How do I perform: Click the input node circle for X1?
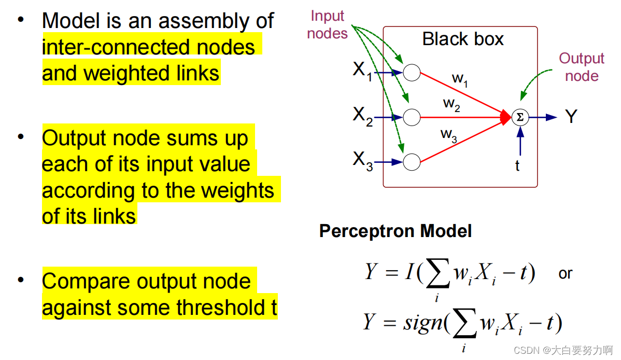pos(412,73)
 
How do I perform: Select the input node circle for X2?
pos(412,118)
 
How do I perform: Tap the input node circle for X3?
pos(412,162)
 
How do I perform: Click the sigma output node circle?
pos(520,118)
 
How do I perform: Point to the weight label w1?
pos(460,79)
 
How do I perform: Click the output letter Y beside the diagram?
pos(571,117)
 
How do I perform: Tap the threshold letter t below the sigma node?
pos(517,166)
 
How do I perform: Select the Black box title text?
pos(463,39)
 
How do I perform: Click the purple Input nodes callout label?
pos(328,25)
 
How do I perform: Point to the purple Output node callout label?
pos(582,67)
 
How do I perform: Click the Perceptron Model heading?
pos(396,231)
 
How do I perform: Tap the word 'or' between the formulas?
pos(566,273)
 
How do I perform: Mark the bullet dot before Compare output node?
pos(21,281)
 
